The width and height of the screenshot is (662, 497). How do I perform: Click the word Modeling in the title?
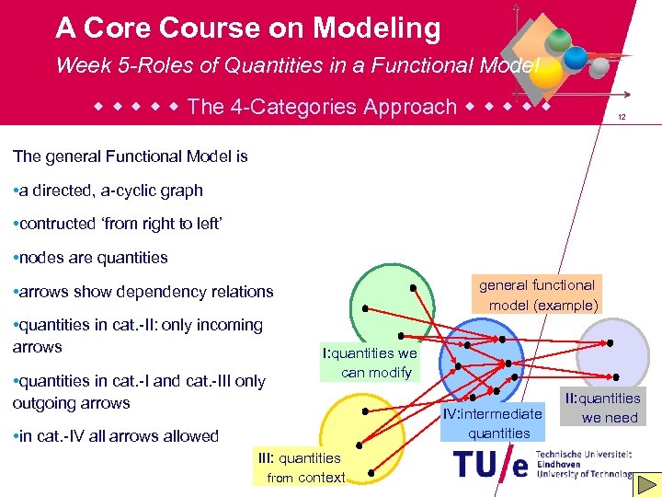(376, 29)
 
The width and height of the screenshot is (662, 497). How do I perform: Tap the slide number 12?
(622, 118)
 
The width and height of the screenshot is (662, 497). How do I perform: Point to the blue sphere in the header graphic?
(576, 58)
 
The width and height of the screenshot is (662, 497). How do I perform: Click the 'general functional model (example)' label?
(539, 295)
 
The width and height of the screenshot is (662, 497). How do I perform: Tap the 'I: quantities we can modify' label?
(369, 363)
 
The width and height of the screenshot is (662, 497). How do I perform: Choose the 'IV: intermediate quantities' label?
(493, 423)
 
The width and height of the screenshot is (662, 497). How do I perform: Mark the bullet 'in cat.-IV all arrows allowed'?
(118, 436)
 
